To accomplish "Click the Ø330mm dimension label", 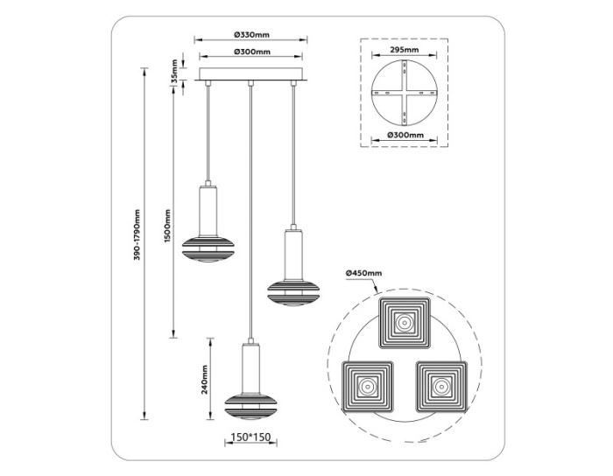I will pyautogui.click(x=251, y=34).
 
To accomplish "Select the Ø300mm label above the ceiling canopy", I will pyautogui.click(x=251, y=52).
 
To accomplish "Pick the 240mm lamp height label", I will pyautogui.click(x=203, y=378).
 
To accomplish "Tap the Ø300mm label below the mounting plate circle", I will pyautogui.click(x=404, y=136).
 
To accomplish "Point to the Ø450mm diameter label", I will pyautogui.click(x=363, y=274).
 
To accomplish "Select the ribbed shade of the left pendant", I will pyautogui.click(x=208, y=248).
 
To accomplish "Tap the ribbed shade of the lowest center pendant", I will pyautogui.click(x=251, y=402).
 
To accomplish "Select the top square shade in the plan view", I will pyautogui.click(x=404, y=323).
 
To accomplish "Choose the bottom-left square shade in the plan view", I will pyautogui.click(x=366, y=385).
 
